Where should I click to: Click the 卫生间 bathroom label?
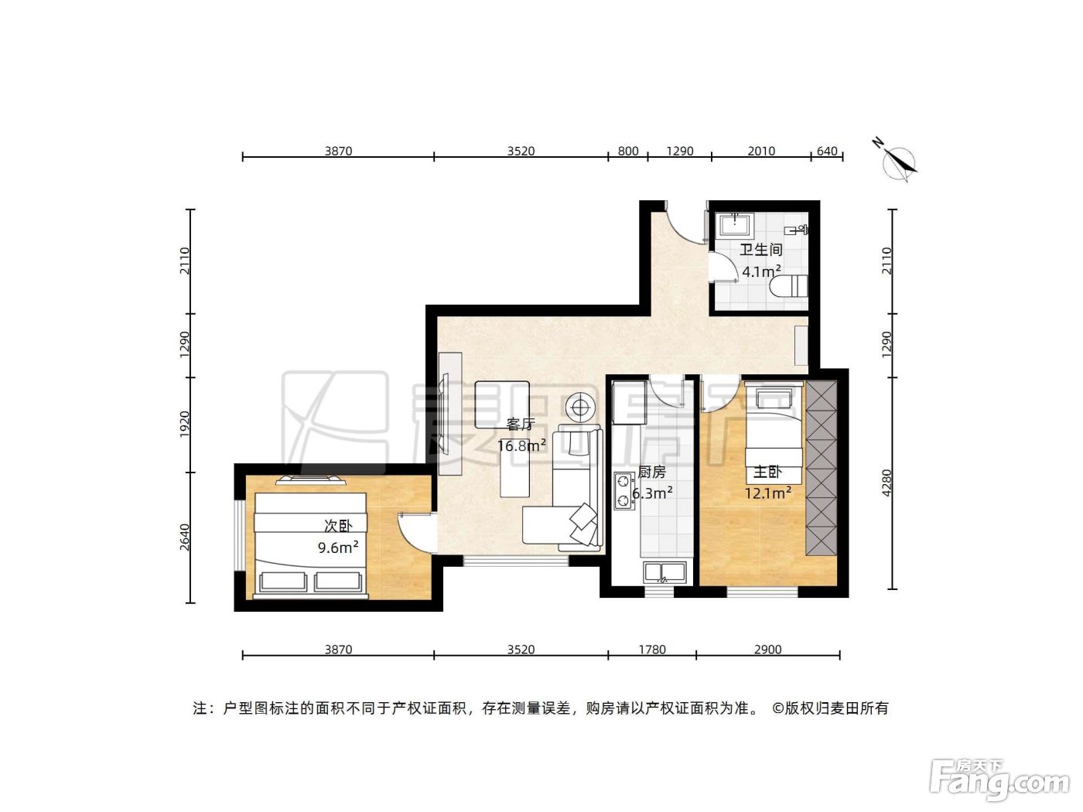760,250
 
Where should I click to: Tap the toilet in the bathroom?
788,286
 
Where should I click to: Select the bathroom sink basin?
735,226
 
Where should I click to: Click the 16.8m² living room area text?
521,445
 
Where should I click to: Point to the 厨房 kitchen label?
651,472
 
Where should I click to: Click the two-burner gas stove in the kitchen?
624,490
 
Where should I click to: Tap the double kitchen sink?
664,573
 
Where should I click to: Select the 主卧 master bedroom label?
767,472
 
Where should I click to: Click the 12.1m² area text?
768,493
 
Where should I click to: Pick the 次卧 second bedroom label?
338,526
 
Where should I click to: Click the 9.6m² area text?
338,548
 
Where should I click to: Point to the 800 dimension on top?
628,151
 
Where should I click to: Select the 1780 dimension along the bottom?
652,650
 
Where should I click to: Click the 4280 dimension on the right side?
887,483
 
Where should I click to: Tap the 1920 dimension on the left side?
185,425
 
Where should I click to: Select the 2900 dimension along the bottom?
767,650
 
